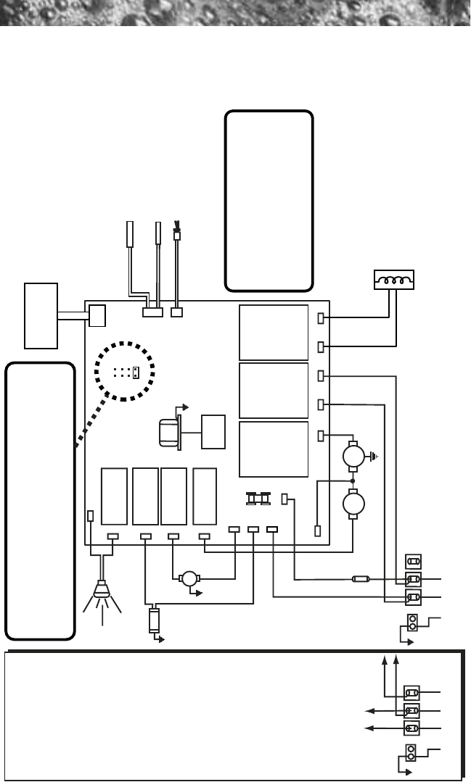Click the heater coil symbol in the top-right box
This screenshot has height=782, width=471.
click(393, 278)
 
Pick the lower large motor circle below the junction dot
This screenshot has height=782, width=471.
click(353, 502)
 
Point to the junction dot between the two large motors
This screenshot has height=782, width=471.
click(353, 480)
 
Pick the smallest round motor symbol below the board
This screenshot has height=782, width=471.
click(189, 578)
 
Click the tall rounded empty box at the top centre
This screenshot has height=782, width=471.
click(269, 200)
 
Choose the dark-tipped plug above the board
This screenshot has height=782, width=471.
click(176, 233)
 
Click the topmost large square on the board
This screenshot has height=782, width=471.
click(273, 332)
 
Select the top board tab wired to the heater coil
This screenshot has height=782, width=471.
click(321, 318)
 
